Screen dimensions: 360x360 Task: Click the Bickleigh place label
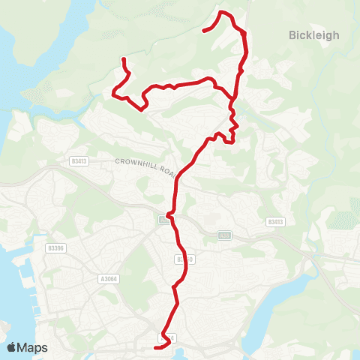314,34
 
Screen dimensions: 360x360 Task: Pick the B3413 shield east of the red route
275,222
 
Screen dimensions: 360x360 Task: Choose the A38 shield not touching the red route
224,235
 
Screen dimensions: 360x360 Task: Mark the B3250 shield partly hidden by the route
185,259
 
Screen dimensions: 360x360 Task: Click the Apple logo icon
13,347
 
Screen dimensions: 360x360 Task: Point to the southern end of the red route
155,348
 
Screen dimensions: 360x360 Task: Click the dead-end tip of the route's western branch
123,58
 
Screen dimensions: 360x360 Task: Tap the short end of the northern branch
204,31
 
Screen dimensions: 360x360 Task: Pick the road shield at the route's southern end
171,339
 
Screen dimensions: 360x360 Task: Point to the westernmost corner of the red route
113,94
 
